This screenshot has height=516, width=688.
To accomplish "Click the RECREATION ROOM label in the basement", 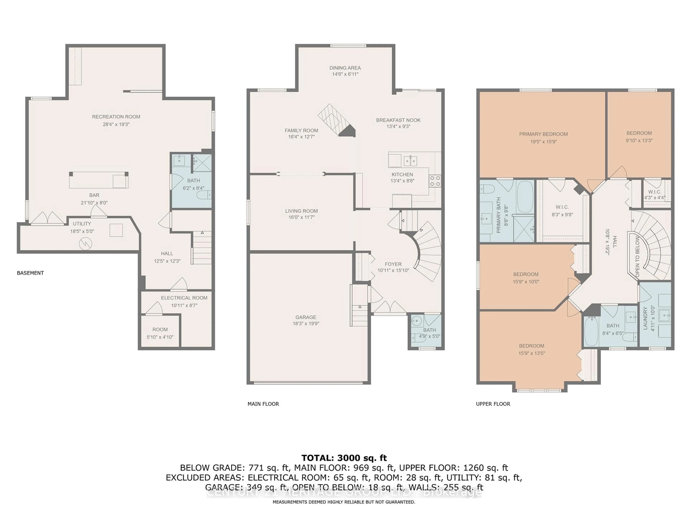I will tap(116, 117).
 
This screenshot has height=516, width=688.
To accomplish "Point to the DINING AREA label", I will tap(345, 68).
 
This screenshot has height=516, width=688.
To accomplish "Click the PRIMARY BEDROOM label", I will tap(543, 134).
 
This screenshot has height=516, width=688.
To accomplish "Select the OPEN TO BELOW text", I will tap(637, 257).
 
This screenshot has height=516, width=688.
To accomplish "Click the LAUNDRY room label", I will tap(645, 318).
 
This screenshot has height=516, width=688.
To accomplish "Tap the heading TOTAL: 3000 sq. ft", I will tap(344, 458).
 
